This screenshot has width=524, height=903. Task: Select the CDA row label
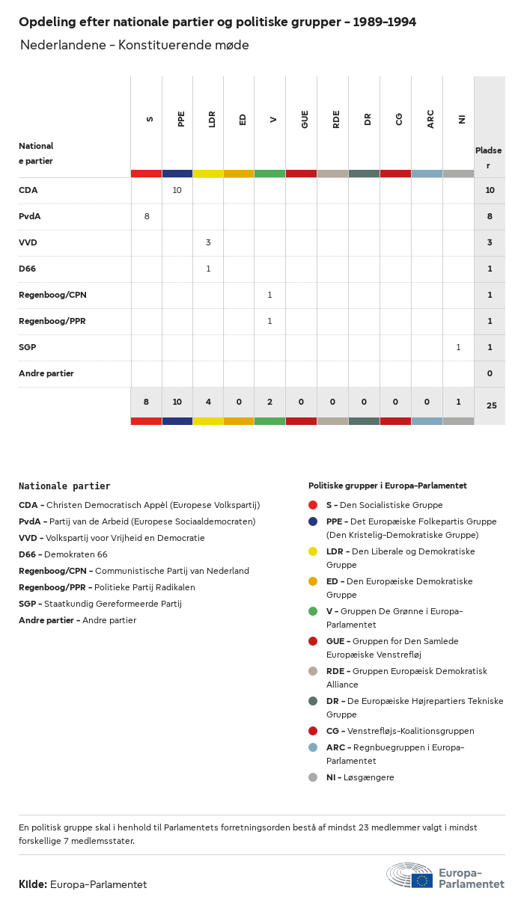28,191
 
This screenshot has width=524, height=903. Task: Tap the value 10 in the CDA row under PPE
177,191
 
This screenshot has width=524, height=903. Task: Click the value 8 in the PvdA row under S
147,217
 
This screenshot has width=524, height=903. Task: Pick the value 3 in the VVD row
208,243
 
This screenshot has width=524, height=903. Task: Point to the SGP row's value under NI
458,347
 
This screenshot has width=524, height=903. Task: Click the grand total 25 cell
491,405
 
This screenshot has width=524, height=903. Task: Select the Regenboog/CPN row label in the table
52,295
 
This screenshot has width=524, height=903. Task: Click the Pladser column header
489,158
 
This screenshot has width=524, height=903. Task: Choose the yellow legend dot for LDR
313,551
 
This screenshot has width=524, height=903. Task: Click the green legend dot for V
313,611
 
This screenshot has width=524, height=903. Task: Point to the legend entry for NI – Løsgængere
359,777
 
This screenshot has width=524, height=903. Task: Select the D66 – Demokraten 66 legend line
63,554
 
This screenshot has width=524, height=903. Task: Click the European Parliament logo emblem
409,875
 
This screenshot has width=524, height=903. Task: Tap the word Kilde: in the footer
33,884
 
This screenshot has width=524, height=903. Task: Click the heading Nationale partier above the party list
64,486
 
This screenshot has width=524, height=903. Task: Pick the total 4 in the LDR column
208,402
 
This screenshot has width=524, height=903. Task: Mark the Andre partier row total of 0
490,373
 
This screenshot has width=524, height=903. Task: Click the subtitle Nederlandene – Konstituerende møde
135,45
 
